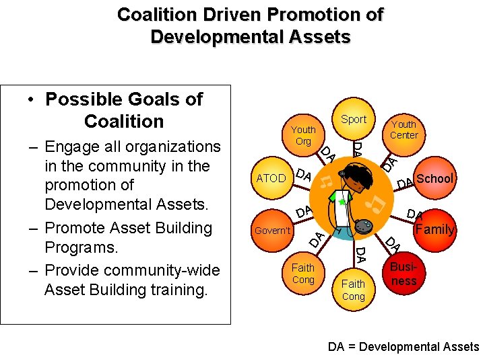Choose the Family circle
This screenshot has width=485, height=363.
434,229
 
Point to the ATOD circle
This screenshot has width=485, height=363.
271,178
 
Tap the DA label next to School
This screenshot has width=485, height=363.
405,184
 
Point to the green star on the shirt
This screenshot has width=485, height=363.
342,202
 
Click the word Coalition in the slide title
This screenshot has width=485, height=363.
154,14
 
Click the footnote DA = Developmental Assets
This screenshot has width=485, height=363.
403,347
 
